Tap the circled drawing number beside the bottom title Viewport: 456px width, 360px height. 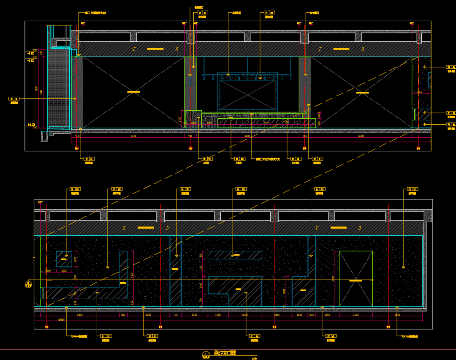point(206,354)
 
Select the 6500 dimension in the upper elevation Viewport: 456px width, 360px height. point(247,136)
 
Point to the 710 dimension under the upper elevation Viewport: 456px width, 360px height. point(77,136)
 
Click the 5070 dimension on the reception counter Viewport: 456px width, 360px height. point(266,123)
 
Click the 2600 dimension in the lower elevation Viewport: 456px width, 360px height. point(148,315)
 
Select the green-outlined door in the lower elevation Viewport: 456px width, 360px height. point(356,278)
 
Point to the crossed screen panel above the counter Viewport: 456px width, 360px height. point(247,95)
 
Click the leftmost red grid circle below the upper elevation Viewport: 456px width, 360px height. point(77,149)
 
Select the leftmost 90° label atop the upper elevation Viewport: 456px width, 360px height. point(83,24)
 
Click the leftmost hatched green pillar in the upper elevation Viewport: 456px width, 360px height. point(77,92)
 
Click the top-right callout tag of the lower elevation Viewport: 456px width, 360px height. point(413,189)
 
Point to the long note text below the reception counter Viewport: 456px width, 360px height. point(268,159)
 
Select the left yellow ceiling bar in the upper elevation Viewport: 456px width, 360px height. point(155,49)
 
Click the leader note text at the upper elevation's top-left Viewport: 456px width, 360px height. point(95,13)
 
